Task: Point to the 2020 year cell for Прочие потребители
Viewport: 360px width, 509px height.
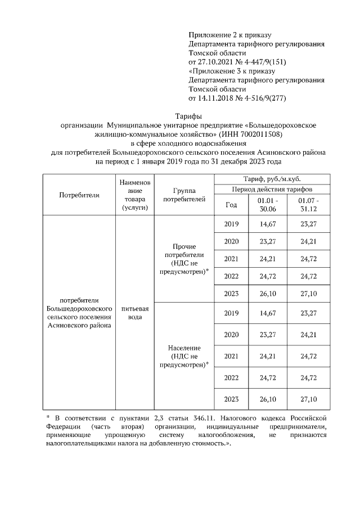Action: [231, 241]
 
